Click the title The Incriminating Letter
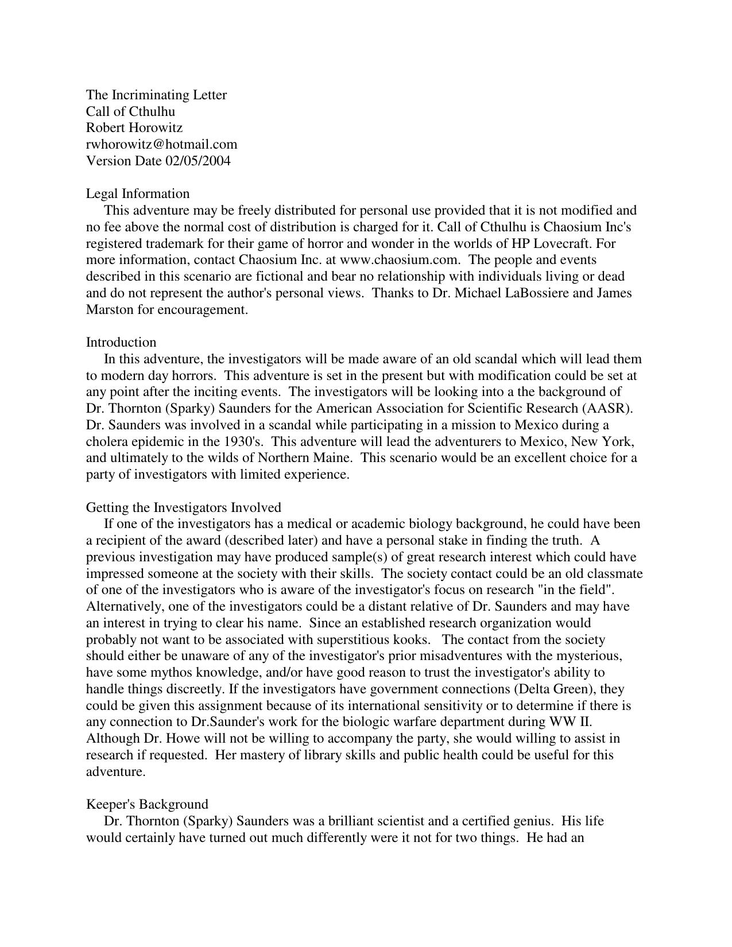pyautogui.click(x=156, y=95)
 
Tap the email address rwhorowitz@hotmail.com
pyautogui.click(x=161, y=144)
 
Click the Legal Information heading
pyautogui.click(x=138, y=193)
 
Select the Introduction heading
pyautogui.click(x=121, y=342)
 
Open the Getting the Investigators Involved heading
pyautogui.click(x=184, y=507)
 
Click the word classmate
pyautogui.click(x=615, y=573)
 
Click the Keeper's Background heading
pyautogui.click(x=147, y=804)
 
